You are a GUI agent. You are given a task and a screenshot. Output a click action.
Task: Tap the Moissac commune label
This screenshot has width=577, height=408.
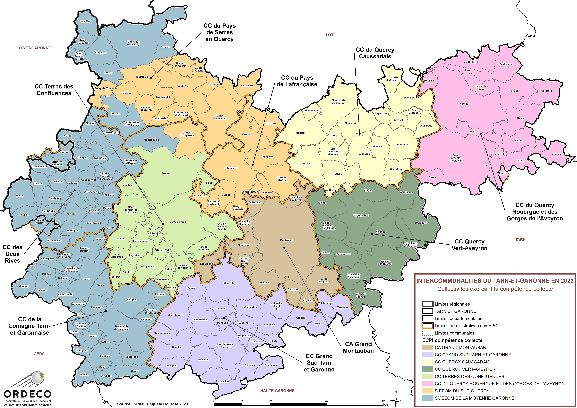click(167, 173)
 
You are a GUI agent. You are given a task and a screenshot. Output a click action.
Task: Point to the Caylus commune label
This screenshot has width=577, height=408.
click(464, 104)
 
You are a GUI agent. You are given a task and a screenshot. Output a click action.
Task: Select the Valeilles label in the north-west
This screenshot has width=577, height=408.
click(86, 21)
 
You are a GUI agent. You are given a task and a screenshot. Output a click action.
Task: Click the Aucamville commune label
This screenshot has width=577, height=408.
click(222, 381)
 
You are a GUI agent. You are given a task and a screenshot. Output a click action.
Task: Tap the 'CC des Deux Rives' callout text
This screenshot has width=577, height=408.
click(13, 254)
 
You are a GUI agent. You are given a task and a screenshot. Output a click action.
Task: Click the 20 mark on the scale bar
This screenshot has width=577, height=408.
click(327, 401)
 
